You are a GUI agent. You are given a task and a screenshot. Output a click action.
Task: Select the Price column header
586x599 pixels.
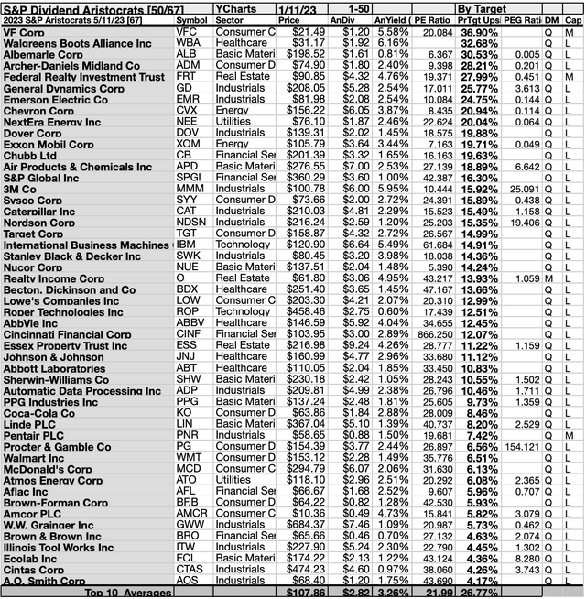(288, 18)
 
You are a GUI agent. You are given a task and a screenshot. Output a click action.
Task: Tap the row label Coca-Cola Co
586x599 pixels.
(38, 413)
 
